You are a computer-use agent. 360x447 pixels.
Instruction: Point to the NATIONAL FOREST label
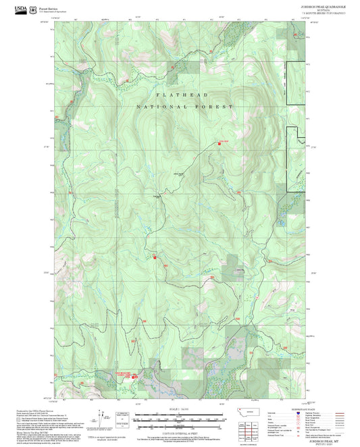(184, 107)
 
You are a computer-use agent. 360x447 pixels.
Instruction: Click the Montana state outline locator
(254, 411)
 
